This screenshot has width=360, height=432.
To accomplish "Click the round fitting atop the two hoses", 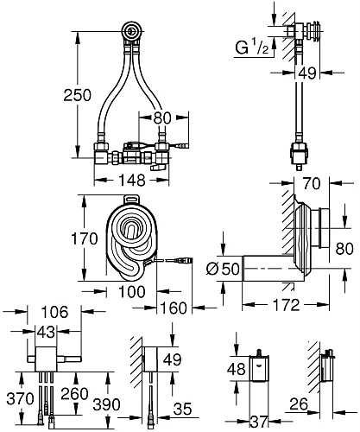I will coord(130,33).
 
